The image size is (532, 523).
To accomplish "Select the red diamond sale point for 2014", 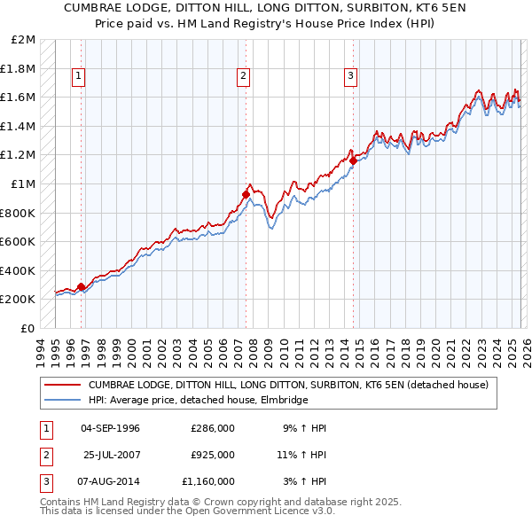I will (353, 160).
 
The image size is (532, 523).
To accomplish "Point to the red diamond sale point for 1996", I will (82, 286).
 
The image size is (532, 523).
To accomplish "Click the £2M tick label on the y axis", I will (24, 40).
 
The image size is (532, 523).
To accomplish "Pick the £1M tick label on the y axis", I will (24, 184).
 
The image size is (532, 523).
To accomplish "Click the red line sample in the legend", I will (62, 385).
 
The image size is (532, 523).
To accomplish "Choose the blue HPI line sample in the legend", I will (62, 400).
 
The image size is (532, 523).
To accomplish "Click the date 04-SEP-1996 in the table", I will (110, 428).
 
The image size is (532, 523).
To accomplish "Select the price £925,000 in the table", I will (212, 455).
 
